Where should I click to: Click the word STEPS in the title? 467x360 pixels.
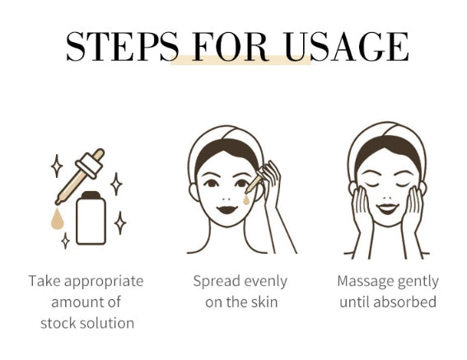tap(123, 47)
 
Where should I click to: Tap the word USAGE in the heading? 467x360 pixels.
tap(347, 47)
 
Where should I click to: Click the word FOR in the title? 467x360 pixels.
tap(231, 47)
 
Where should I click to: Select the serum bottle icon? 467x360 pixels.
tap(91, 217)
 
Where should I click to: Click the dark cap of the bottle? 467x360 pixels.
tap(91, 195)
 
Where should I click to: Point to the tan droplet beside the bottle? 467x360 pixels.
tap(57, 219)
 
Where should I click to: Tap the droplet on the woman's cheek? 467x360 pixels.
tap(246, 200)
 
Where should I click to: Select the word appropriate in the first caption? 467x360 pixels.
tap(104, 282)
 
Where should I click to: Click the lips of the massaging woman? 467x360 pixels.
tap(387, 208)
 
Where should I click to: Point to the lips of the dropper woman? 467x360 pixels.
tap(227, 209)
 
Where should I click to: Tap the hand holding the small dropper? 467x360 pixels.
tap(270, 185)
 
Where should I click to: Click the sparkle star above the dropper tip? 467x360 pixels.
tap(57, 166)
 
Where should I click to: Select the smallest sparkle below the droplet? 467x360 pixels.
tap(66, 241)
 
